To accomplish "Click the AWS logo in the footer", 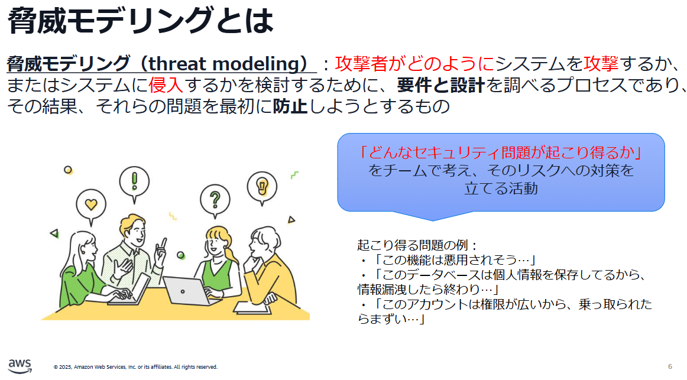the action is (x=20, y=366).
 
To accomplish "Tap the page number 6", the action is (x=670, y=366).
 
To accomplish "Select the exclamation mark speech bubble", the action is (x=134, y=184).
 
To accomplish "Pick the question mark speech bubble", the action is (x=215, y=200).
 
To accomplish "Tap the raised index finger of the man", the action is (x=164, y=242).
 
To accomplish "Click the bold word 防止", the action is (x=290, y=106).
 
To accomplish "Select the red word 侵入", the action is (x=166, y=85).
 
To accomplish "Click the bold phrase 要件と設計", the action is (x=441, y=85).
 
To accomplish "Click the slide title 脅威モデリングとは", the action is (x=141, y=20).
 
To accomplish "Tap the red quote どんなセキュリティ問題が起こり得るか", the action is (x=501, y=152).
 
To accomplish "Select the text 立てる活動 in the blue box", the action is (x=501, y=189).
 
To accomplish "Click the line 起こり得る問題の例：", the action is (x=417, y=245).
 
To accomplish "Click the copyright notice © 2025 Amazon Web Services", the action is (x=135, y=367).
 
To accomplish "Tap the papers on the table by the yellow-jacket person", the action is (x=252, y=308).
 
